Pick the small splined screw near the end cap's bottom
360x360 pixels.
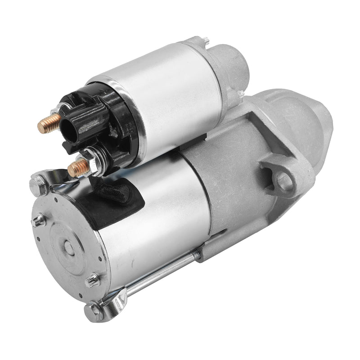point(93,280)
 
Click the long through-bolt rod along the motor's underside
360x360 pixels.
point(162,274)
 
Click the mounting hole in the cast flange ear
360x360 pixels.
point(284,180)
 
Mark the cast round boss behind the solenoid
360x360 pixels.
point(234,63)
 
